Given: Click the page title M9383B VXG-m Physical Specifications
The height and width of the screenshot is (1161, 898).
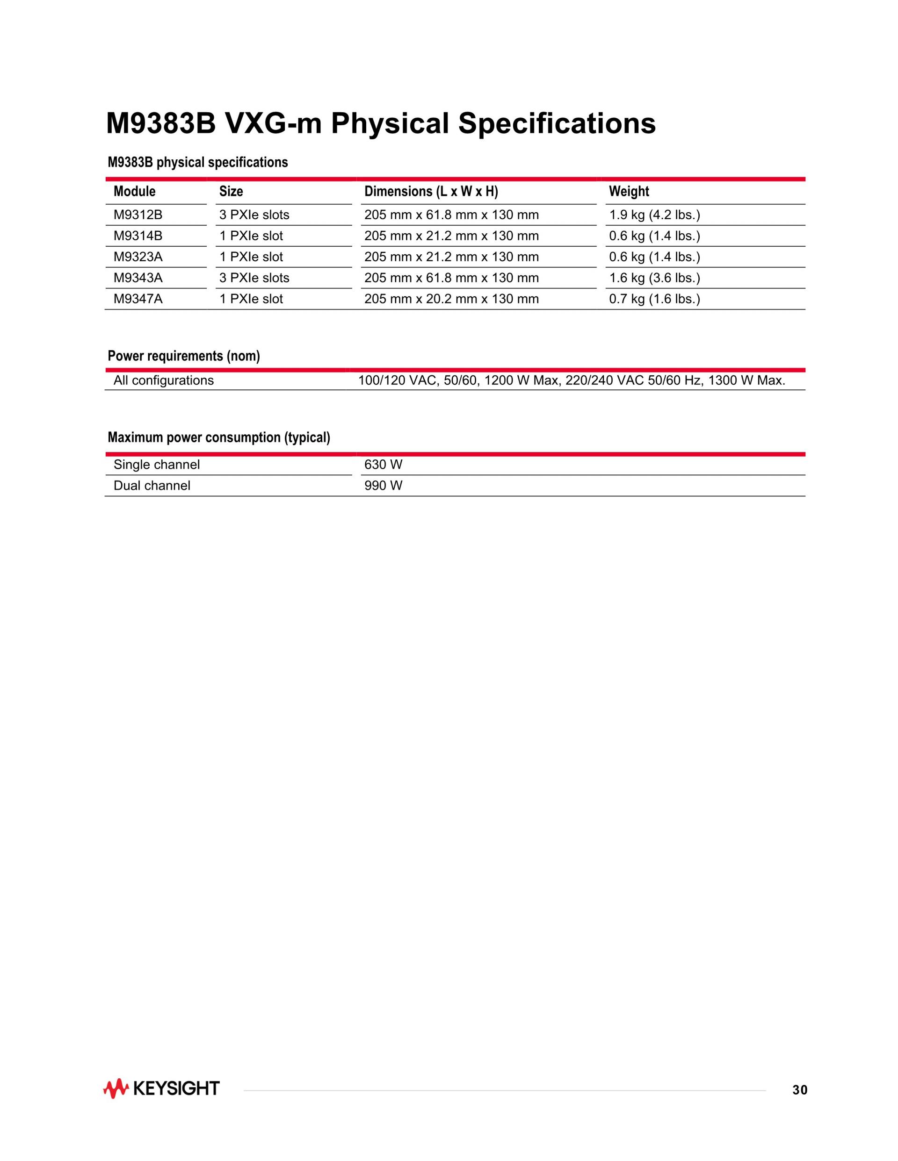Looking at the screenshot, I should pos(380,123).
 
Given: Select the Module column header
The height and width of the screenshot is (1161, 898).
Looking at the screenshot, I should pos(135,191).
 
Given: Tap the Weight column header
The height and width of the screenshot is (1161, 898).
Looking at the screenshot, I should pos(629,191).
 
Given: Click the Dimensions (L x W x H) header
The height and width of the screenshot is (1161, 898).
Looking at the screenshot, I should pos(431,191).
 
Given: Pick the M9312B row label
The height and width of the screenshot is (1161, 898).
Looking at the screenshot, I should pos(138,215).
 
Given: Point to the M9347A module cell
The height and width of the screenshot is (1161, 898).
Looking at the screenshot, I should pos(138,299).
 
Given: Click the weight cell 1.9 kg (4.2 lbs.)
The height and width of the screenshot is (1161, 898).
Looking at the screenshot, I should pos(654,215).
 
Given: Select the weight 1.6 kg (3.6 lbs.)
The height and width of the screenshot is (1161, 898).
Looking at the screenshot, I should pos(654,278).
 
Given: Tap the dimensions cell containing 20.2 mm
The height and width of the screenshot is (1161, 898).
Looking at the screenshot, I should pos(451,299).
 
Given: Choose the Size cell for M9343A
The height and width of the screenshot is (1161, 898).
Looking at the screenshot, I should pos(254,278).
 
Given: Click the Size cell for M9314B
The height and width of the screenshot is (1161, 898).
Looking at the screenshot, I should pos(251,236).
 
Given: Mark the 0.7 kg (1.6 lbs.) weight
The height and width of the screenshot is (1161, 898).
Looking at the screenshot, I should pos(654,299).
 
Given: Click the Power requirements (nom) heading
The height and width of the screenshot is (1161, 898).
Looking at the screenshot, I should pos(183,356).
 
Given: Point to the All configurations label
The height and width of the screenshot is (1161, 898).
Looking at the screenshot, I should pos(163,380).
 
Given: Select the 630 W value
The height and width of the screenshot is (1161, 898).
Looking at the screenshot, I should pos(383,465).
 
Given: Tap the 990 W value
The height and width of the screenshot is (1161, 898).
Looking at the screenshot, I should pos(383,486).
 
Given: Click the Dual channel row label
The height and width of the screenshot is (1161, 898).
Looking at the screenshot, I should pos(152,486).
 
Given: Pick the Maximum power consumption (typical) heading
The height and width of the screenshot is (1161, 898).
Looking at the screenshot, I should pos(218,437).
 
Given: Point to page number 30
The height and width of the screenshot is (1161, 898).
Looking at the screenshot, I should pos(800,1090).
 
